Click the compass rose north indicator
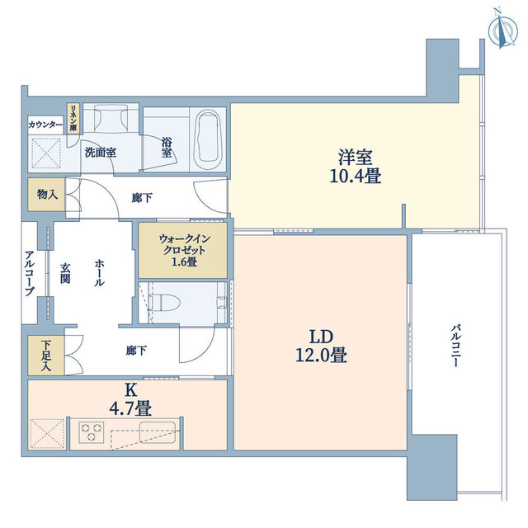[x=502, y=31]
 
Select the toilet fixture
[x=165, y=303]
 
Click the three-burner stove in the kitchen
[x=92, y=432]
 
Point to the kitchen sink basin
[x=158, y=432]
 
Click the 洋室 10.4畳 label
[x=356, y=167]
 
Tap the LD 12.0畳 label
[x=321, y=346]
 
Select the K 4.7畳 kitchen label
[x=130, y=399]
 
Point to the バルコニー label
[x=456, y=346]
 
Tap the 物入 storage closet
[x=46, y=195]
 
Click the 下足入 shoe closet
[x=46, y=356]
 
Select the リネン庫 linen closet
[x=73, y=119]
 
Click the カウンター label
[x=45, y=125]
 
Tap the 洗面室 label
[x=101, y=153]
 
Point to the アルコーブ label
[x=30, y=272]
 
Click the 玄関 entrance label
[x=65, y=273]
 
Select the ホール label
[x=99, y=273]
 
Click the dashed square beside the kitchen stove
[x=47, y=434]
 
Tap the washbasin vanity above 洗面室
[x=111, y=118]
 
